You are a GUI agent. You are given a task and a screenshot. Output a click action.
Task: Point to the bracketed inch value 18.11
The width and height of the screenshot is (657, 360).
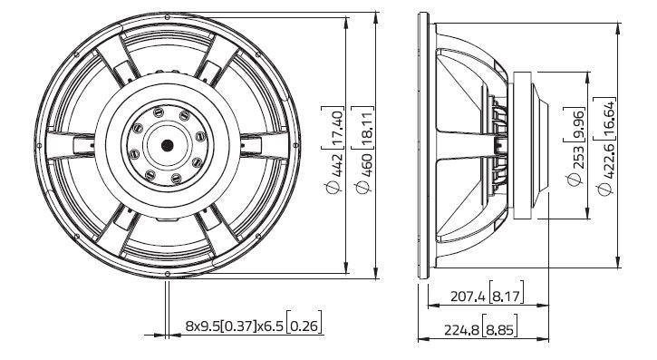(362, 126)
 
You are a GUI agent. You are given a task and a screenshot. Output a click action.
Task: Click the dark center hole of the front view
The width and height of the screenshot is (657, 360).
(168, 145)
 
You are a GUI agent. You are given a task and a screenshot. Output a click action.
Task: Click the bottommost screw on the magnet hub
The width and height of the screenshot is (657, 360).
(178, 179)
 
